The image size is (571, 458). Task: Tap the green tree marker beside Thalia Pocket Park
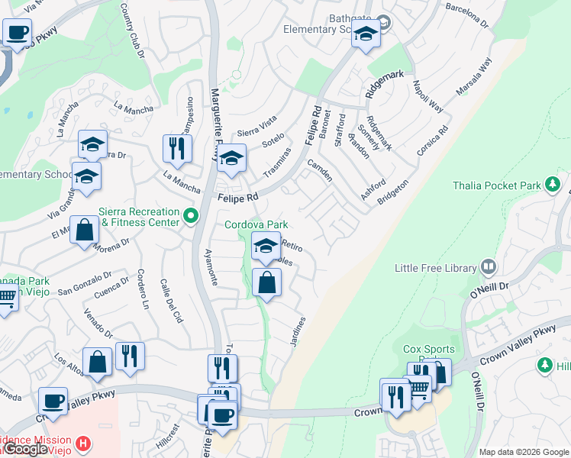(x=551, y=184)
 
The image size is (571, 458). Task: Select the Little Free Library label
(x=435, y=268)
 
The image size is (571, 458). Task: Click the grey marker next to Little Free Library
(x=489, y=268)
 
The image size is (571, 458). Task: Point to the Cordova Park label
(x=256, y=224)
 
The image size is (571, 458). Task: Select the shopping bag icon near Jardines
(x=266, y=283)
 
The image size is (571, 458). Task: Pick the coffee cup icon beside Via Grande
(x=17, y=33)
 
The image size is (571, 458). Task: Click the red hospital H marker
(x=85, y=442)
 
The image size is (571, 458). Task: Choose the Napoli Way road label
(x=427, y=96)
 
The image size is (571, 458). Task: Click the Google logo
(x=25, y=450)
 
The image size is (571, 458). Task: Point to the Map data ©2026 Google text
(x=523, y=452)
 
